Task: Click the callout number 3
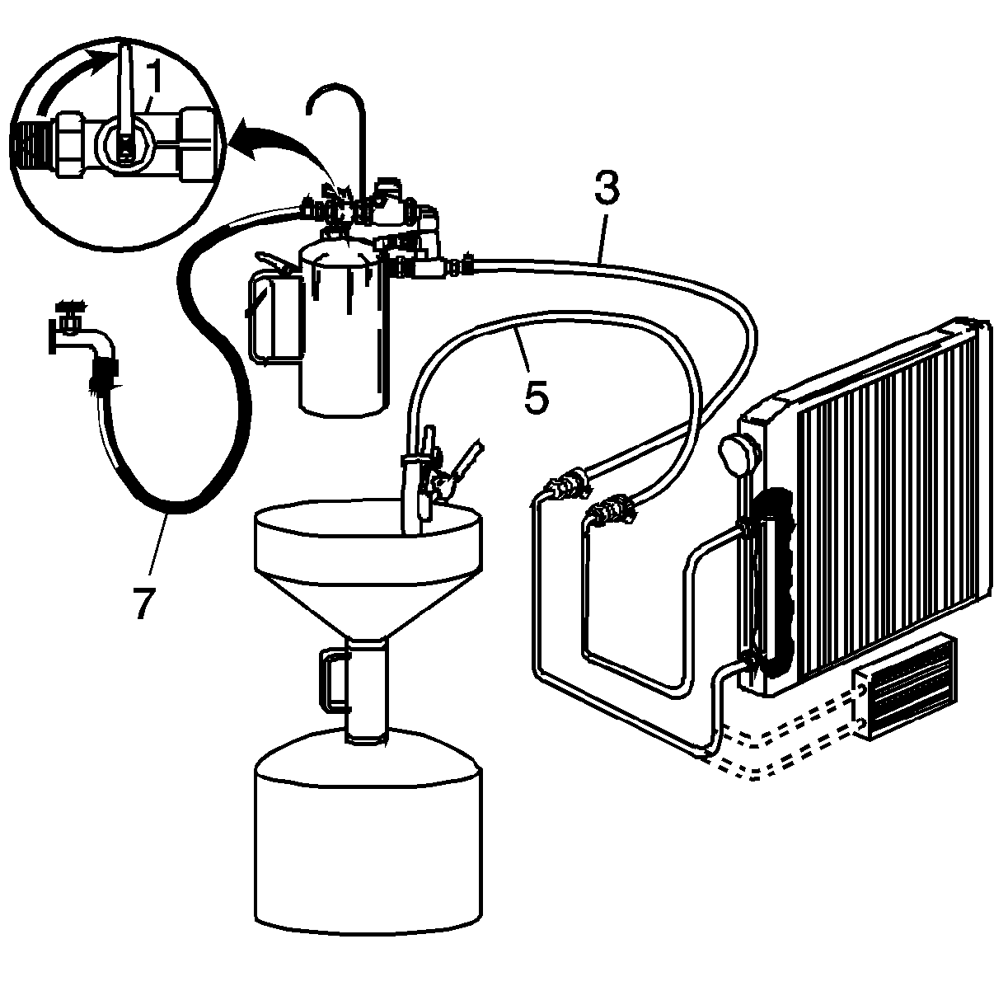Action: [x=607, y=188]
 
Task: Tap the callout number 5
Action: [x=537, y=397]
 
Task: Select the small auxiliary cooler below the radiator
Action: [x=905, y=687]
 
